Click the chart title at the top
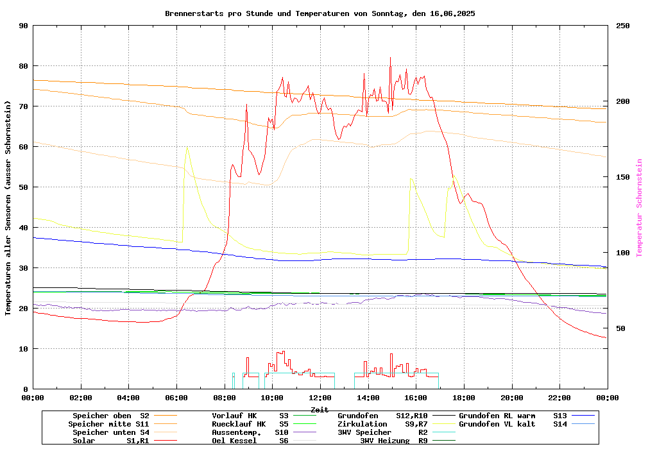320,13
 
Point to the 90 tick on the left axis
24,26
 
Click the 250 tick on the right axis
623,26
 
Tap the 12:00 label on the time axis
320,398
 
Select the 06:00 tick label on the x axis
176,398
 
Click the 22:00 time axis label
559,398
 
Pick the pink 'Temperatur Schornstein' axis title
639,208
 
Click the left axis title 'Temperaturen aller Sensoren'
8,208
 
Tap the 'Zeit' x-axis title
320,409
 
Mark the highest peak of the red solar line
390,58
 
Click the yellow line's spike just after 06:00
187,148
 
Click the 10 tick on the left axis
24,349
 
